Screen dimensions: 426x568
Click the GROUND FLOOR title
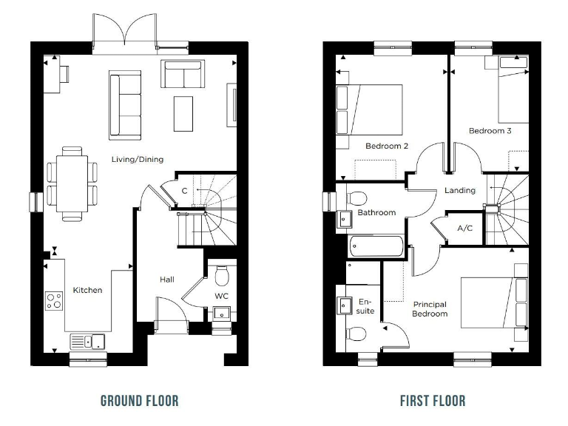[x=140, y=401]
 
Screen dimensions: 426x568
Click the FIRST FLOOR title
[x=433, y=401]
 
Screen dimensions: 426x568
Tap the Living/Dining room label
[x=138, y=159]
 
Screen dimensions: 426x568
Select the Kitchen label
[x=87, y=290]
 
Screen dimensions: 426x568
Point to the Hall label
[x=166, y=280]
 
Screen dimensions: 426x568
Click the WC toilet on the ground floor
[x=221, y=277]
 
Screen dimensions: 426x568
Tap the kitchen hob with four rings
[x=54, y=300]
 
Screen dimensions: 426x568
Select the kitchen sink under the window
[x=88, y=341]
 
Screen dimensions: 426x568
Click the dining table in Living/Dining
[x=72, y=184]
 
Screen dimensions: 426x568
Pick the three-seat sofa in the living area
[x=125, y=104]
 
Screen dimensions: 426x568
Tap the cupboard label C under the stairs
[x=184, y=190]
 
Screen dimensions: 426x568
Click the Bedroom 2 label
[x=387, y=146]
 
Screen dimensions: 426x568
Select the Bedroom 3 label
[x=490, y=131]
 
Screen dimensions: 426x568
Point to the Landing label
[x=459, y=190]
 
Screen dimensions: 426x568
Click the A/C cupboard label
[x=465, y=229]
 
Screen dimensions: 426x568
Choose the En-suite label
[x=366, y=305]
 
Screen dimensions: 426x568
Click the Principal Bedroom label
[x=430, y=309]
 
